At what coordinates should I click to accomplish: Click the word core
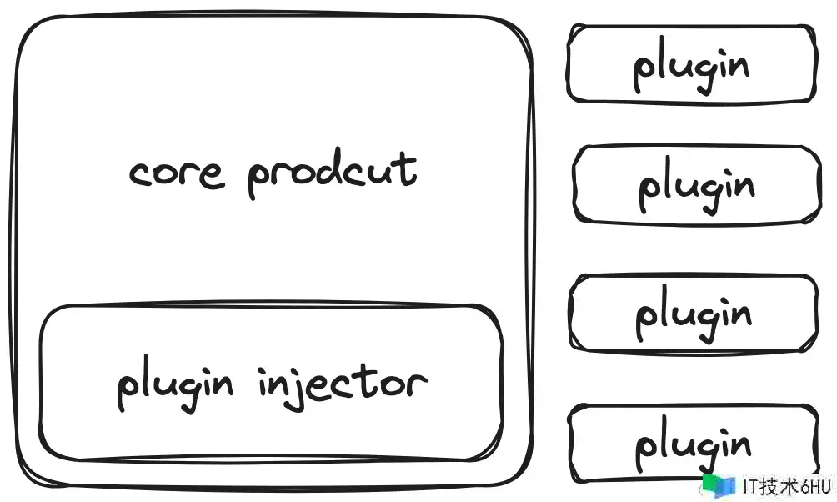pyautogui.click(x=176, y=172)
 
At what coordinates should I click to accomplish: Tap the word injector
pyautogui.click(x=342, y=385)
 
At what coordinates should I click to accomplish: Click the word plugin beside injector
pyautogui.click(x=175, y=384)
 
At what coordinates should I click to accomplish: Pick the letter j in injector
pyautogui.click(x=288, y=388)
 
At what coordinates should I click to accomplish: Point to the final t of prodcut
pyautogui.click(x=408, y=168)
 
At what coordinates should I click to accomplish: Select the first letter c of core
pyautogui.click(x=138, y=173)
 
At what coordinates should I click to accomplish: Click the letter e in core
pyautogui.click(x=213, y=175)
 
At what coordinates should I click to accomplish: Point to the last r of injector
pyautogui.click(x=418, y=384)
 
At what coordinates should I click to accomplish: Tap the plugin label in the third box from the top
pyautogui.click(x=694, y=314)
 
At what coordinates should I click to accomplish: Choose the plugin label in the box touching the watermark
pyautogui.click(x=694, y=444)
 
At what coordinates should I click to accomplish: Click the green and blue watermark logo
pyautogui.click(x=719, y=486)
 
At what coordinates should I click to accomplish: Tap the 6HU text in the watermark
pyautogui.click(x=815, y=487)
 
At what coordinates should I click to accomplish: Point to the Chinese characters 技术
pyautogui.click(x=779, y=487)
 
